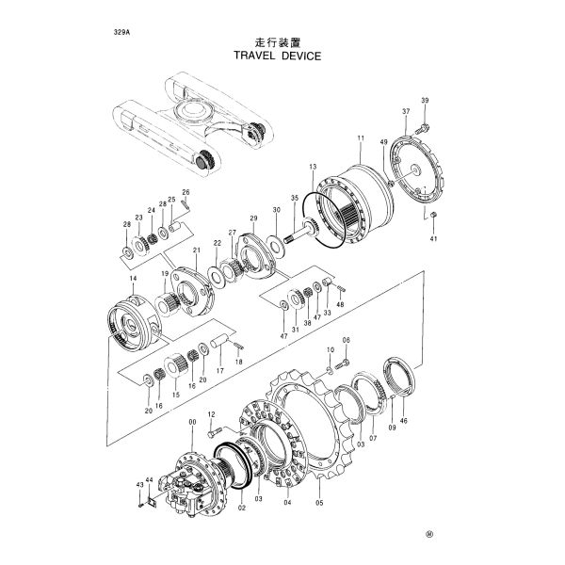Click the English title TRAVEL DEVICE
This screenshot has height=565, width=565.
pyautogui.click(x=277, y=56)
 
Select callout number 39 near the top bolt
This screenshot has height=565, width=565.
pyautogui.click(x=425, y=101)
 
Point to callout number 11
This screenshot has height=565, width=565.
pyautogui.click(x=360, y=138)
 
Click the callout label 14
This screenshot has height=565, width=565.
pyautogui.click(x=132, y=281)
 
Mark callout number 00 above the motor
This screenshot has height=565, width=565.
pyautogui.click(x=193, y=424)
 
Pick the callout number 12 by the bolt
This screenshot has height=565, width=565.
pyautogui.click(x=211, y=415)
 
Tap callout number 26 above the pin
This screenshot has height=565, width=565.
pyautogui.click(x=186, y=193)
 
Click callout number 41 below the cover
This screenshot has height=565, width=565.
pyautogui.click(x=434, y=238)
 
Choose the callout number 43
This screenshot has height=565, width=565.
pyautogui.click(x=139, y=485)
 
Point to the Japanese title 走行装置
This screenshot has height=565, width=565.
pyautogui.click(x=276, y=41)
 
